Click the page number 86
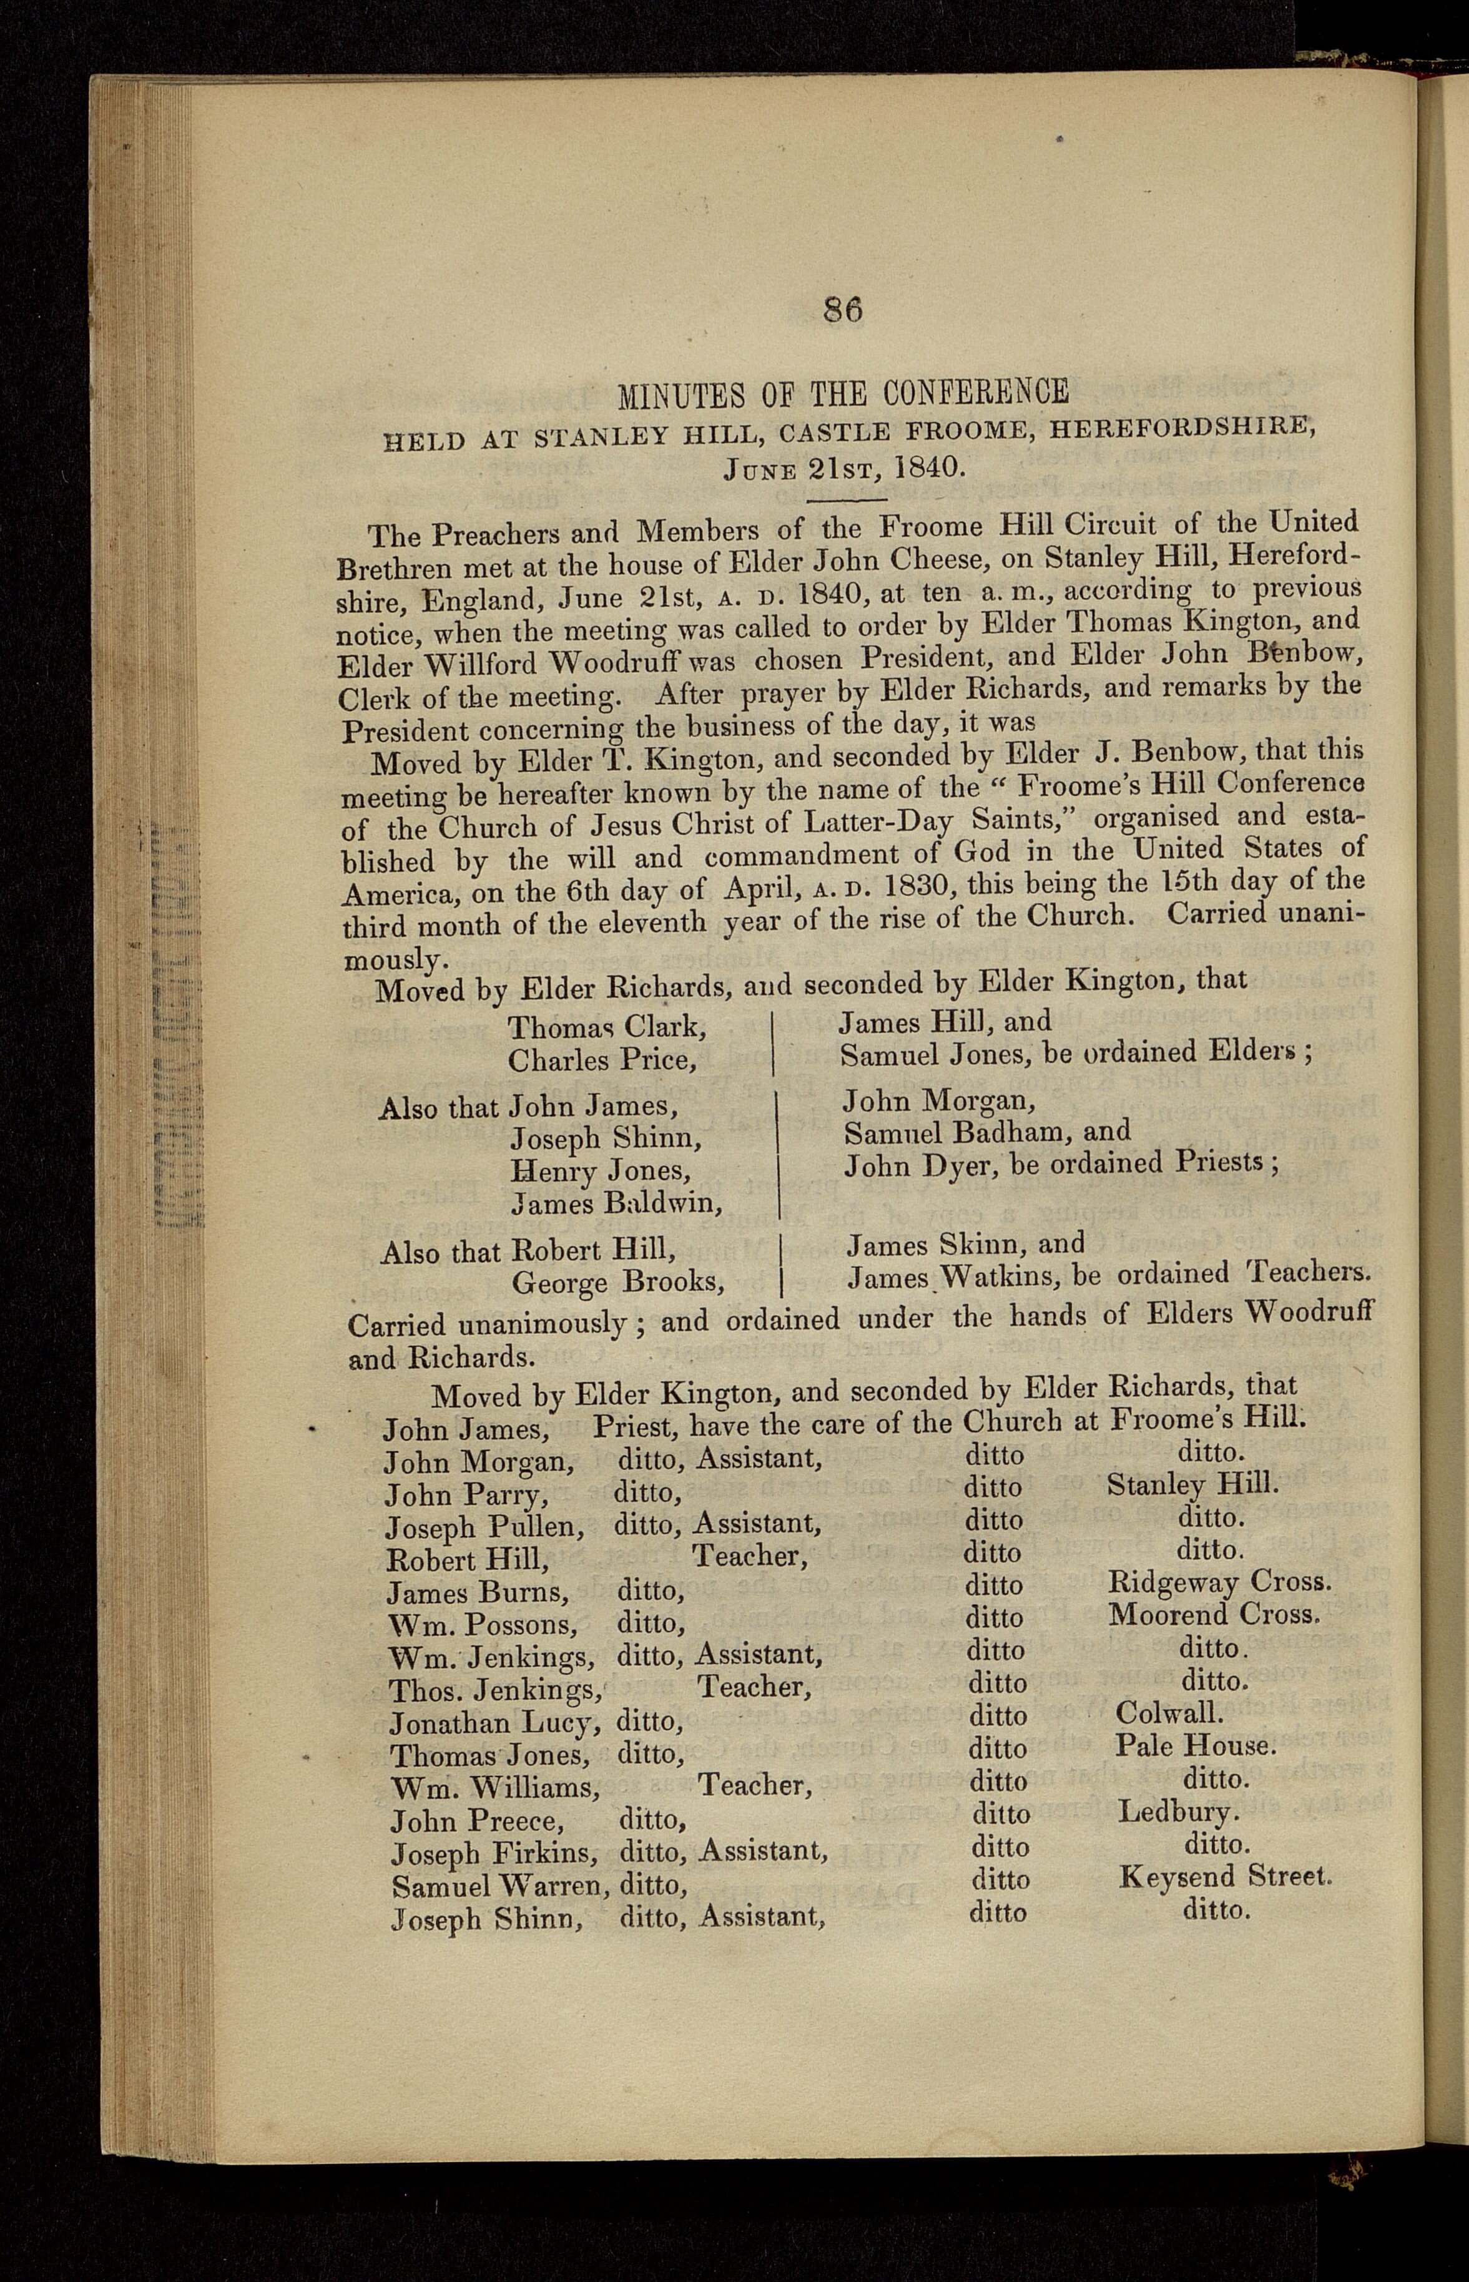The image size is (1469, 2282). (x=842, y=311)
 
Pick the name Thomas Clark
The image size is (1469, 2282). (x=607, y=1027)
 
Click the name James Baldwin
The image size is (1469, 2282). (x=616, y=1205)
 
